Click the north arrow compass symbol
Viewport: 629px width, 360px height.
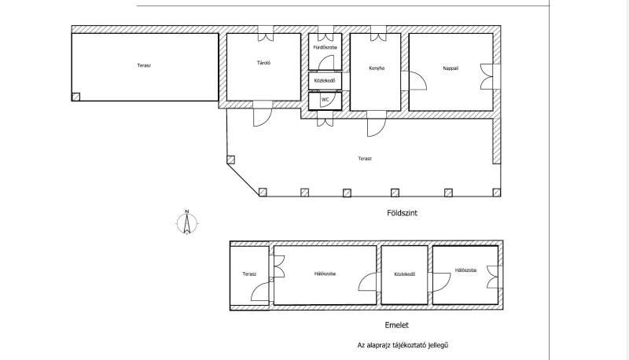(187, 222)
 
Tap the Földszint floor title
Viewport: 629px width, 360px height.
(402, 213)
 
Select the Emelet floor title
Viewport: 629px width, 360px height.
(396, 325)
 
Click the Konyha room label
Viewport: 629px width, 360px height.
(377, 68)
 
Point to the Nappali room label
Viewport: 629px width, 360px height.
(451, 68)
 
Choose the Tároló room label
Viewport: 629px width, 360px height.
(263, 63)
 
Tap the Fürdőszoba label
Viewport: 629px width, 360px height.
(325, 47)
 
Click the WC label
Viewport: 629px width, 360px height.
(325, 99)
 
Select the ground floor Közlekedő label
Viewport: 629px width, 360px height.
(325, 81)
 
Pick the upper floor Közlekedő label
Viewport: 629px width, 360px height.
(404, 274)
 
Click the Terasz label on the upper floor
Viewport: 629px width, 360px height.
(249, 274)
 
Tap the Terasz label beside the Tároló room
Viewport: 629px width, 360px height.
(144, 65)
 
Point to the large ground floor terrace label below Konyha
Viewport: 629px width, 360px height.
(365, 158)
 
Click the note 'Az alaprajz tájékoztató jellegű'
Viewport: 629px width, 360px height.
(403, 345)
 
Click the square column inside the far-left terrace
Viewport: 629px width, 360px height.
(75, 97)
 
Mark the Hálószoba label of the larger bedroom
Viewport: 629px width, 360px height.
(325, 274)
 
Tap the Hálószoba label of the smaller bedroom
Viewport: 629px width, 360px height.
(465, 270)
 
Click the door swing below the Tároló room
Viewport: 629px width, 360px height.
(263, 117)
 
